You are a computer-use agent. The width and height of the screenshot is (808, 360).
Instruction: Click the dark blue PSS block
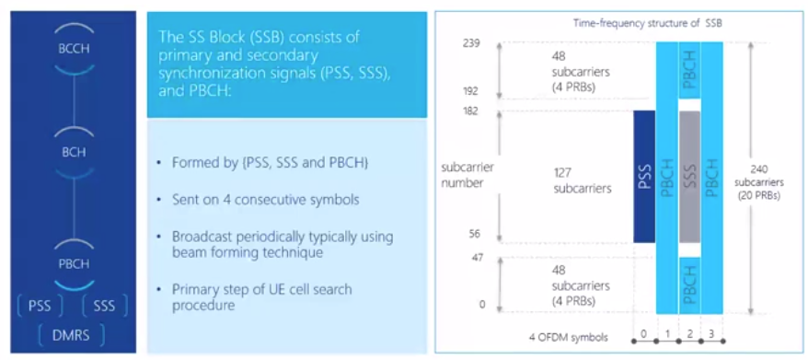(644, 177)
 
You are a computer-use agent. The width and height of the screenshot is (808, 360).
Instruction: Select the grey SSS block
(689, 177)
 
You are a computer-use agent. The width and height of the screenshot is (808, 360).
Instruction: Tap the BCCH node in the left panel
(74, 49)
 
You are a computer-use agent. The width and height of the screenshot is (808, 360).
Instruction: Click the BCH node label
(74, 153)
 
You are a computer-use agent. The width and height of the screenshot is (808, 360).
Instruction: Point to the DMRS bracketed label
(71, 335)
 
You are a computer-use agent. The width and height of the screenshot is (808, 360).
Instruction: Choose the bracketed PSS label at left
(40, 306)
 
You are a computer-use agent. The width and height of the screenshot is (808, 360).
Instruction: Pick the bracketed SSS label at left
(105, 306)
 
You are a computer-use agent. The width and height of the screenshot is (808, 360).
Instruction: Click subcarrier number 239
(471, 43)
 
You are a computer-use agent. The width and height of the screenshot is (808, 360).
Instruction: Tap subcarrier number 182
(471, 110)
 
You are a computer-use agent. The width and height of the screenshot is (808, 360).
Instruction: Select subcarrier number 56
(475, 234)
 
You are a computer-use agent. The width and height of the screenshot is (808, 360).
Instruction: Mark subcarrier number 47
(478, 258)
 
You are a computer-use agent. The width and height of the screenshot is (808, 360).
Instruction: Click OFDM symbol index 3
(711, 334)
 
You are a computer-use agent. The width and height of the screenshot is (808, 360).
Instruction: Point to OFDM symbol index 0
(643, 334)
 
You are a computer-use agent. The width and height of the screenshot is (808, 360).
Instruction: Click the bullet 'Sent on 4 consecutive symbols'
(266, 200)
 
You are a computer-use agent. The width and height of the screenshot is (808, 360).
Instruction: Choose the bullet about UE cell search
(261, 296)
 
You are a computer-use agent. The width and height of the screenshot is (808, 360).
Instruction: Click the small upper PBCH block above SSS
(689, 71)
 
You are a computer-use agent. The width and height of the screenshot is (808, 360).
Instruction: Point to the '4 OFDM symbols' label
(569, 338)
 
